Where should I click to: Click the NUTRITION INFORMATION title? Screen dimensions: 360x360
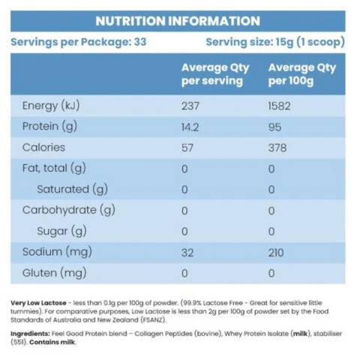pos(178,21)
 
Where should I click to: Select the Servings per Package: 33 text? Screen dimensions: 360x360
pos(79,42)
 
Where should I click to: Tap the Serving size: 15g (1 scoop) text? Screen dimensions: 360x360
pos(275,42)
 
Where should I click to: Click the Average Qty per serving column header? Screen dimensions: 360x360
pos(215,74)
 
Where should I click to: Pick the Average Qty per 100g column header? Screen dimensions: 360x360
pos(302,74)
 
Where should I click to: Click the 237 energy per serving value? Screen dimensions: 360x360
pos(191,106)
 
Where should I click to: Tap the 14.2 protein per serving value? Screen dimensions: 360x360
pos(192,127)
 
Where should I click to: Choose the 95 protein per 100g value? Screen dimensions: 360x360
pos(275,127)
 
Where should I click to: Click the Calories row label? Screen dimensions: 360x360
pos(43,148)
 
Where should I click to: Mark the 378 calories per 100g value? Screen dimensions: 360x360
pos(277,148)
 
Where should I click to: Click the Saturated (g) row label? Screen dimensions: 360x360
pos(73,189)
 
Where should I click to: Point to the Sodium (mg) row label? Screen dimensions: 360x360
pos(57,252)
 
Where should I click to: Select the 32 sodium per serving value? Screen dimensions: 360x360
pos(187,252)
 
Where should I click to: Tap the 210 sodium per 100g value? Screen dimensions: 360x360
pos(277,252)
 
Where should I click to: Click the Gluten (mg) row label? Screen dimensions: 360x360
pos(54,273)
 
